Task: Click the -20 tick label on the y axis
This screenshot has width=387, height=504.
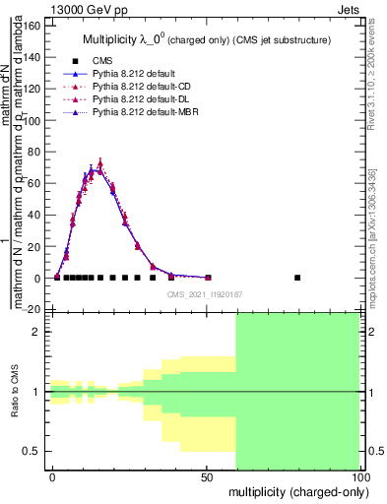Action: click(x=31, y=309)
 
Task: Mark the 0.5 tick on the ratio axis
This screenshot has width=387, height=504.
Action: click(x=32, y=452)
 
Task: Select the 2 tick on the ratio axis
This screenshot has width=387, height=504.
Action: click(x=37, y=332)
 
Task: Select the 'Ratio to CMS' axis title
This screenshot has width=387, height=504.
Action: click(x=14, y=392)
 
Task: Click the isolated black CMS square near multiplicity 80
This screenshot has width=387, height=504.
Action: click(x=297, y=278)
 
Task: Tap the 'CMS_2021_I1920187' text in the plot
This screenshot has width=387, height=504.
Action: click(x=204, y=293)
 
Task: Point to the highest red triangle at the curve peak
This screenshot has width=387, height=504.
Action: click(x=99, y=163)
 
